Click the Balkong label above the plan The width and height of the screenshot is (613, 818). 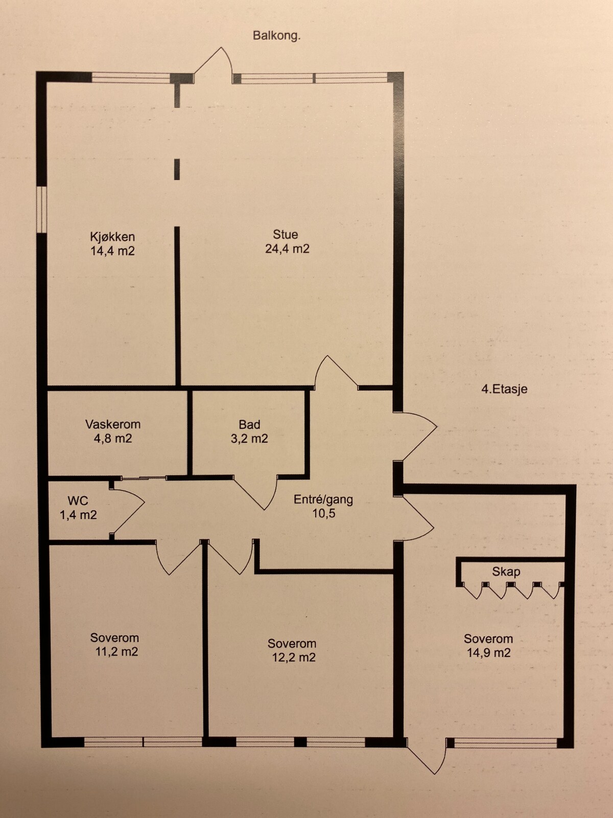click(x=276, y=36)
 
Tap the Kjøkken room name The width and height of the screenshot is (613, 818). click(x=112, y=237)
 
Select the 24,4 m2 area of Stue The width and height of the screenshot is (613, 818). click(x=287, y=249)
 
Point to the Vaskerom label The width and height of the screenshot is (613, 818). click(x=113, y=424)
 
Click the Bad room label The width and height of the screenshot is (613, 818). click(x=249, y=424)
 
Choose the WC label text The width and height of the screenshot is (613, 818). click(x=78, y=501)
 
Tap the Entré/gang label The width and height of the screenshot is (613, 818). click(x=323, y=499)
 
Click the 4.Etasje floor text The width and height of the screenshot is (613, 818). click(x=504, y=389)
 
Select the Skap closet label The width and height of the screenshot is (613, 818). click(x=506, y=572)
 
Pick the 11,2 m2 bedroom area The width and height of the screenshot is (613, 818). click(x=116, y=652)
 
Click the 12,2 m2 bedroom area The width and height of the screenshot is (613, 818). click(x=294, y=657)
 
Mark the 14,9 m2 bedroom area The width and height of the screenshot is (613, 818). click(x=489, y=653)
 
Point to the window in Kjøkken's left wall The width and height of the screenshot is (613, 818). click(x=42, y=210)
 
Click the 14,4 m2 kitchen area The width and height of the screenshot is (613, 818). click(x=112, y=251)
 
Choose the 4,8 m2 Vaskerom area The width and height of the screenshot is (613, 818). click(x=113, y=438)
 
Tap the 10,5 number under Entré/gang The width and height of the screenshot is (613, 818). click(x=324, y=513)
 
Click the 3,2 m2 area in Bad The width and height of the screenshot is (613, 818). click(x=249, y=439)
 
